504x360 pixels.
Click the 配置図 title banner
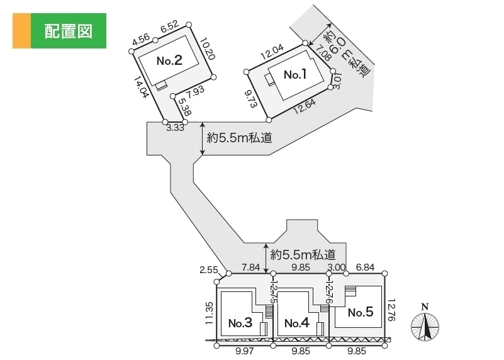pyautogui.click(x=60, y=31)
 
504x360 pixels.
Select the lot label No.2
pyautogui.click(x=169, y=61)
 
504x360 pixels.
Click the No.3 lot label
pyautogui.click(x=240, y=323)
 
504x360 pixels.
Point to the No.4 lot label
pyautogui.click(x=296, y=323)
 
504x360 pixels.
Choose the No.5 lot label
pyautogui.click(x=361, y=312)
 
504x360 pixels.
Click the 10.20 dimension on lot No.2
pyautogui.click(x=207, y=49)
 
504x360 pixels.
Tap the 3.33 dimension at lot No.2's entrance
pyautogui.click(x=175, y=128)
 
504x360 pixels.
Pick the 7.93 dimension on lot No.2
pyautogui.click(x=196, y=91)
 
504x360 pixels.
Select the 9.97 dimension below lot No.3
pyautogui.click(x=245, y=352)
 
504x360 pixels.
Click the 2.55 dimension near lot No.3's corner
pyautogui.click(x=208, y=270)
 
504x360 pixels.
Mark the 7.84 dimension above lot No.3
pyautogui.click(x=250, y=268)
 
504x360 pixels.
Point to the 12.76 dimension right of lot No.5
pyautogui.click(x=392, y=310)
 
